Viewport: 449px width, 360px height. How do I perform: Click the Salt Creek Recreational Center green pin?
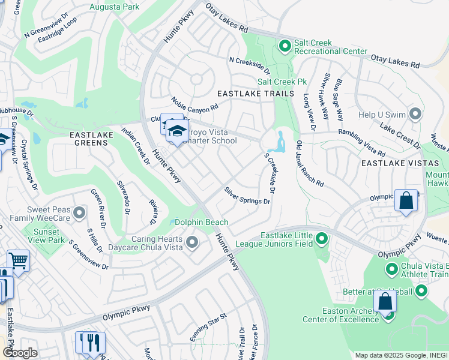(285, 45)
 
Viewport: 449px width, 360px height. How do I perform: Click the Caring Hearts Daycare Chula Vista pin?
(192, 242)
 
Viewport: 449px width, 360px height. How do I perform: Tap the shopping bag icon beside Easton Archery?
(385, 302)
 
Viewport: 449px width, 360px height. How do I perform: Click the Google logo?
(20, 352)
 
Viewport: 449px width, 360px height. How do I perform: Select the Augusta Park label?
(113, 7)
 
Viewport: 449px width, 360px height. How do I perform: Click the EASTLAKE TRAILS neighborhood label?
(256, 94)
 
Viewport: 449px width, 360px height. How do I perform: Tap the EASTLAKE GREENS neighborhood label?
(91, 135)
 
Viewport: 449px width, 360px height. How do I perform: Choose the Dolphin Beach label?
(201, 222)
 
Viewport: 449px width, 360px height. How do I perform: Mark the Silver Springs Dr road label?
(247, 195)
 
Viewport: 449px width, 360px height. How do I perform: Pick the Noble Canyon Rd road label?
(194, 105)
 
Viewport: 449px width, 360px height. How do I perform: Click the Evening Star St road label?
(208, 327)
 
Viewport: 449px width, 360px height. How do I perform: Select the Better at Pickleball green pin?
(421, 292)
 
